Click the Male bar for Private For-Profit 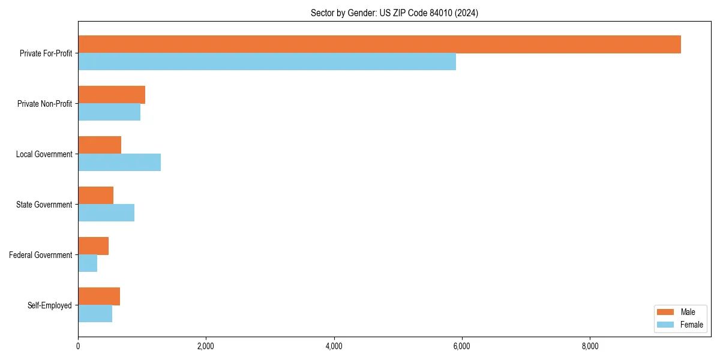coord(379,44)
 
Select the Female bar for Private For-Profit coord(267,62)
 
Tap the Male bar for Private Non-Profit coord(112,95)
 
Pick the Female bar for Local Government coord(119,163)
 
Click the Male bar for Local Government coord(100,145)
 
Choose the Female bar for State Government coord(106,213)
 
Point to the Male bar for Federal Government coord(94,246)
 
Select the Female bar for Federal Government coord(88,263)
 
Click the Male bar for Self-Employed coord(99,296)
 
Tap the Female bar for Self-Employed coord(95,314)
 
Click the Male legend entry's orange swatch coord(665,312)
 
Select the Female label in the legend coord(691,325)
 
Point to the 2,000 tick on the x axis coord(206,346)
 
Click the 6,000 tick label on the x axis coord(461,346)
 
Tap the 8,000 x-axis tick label coord(590,346)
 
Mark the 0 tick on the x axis coord(78,346)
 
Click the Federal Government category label coord(41,255)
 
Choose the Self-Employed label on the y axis coord(50,305)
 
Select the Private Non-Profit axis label coord(45,104)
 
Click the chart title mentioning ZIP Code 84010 coord(394,13)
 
